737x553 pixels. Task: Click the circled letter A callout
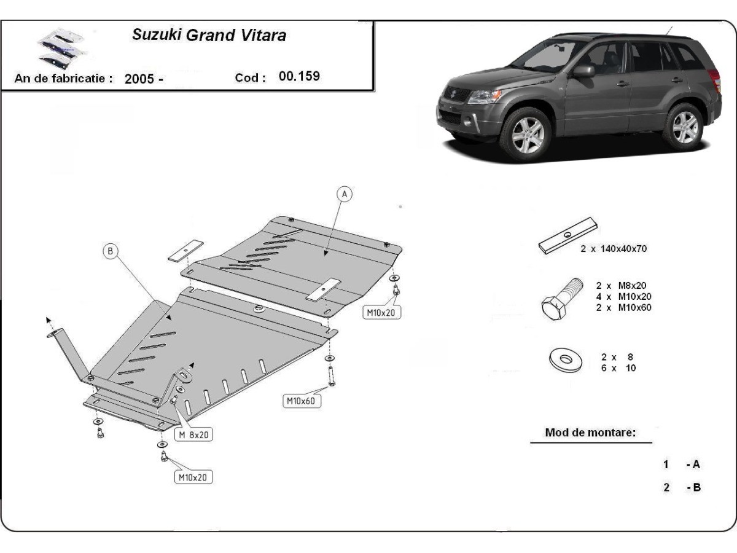click(x=345, y=194)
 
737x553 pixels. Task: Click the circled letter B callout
click(x=111, y=251)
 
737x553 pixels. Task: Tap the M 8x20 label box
click(x=194, y=435)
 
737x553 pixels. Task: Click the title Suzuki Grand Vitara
click(x=209, y=35)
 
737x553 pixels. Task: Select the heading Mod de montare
click(x=590, y=433)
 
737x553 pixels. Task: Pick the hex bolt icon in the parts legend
click(x=561, y=298)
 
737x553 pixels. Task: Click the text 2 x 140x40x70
click(x=614, y=249)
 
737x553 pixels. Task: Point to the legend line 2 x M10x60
click(x=623, y=307)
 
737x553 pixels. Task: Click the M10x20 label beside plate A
click(x=381, y=313)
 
